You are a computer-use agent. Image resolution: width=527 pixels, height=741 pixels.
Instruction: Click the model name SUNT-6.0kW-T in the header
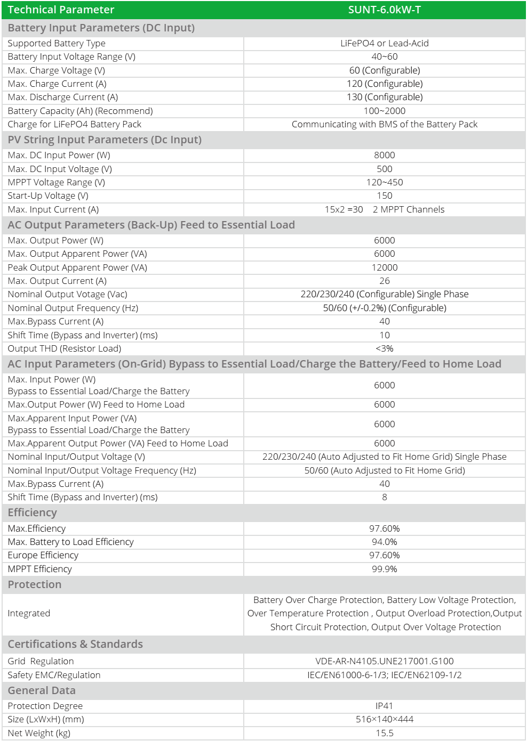point(384,10)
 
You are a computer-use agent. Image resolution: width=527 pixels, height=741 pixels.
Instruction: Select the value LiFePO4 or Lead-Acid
point(384,43)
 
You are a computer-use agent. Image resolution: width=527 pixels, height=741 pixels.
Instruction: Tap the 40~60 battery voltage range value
point(384,56)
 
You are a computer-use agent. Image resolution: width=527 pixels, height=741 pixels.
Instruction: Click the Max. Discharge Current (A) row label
point(63,97)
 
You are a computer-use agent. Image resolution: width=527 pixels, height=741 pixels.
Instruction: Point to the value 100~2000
point(384,111)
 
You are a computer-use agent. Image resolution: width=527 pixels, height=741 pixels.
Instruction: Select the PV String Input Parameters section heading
point(105,140)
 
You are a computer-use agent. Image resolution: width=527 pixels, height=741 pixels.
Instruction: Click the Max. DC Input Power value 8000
point(384,155)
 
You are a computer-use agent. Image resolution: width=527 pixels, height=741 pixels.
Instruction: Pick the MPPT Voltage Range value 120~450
point(384,182)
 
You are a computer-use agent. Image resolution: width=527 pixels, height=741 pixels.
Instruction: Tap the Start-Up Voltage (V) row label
point(48,196)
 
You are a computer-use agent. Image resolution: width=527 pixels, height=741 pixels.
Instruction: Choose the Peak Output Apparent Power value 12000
point(384,267)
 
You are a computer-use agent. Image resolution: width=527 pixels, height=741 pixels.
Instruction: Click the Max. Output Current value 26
point(384,281)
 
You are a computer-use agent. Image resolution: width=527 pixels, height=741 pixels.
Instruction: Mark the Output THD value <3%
point(384,348)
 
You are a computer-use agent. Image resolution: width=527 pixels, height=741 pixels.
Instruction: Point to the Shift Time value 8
point(384,497)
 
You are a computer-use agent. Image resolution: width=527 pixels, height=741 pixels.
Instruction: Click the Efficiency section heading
point(32,512)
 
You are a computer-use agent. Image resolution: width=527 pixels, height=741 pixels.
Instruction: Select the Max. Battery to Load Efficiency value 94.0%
point(384,542)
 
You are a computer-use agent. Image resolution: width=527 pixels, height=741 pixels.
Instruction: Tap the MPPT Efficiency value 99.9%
point(384,569)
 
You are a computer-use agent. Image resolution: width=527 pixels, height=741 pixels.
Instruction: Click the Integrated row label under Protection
point(29,613)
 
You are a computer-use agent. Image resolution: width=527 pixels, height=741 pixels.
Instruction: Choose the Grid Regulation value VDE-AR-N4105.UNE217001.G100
point(384,661)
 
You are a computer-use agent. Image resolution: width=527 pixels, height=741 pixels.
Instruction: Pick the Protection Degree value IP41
point(384,706)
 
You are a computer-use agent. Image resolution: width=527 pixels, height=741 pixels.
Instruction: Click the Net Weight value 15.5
point(384,733)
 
